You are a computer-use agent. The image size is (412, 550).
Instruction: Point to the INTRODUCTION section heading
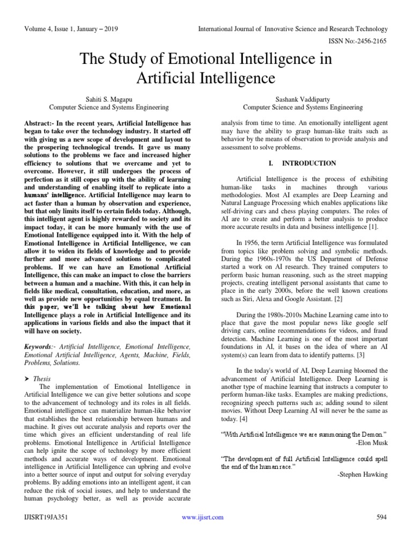(x=309, y=163)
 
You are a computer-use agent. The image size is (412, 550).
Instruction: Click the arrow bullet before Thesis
(x=26, y=378)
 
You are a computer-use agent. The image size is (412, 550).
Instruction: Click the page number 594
(x=381, y=517)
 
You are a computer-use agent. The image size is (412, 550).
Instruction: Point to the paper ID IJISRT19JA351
(x=45, y=517)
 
